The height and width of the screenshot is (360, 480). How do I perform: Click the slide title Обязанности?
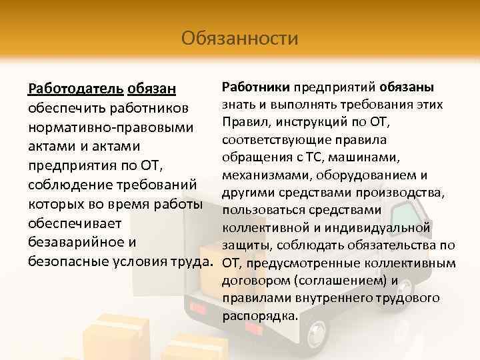[239, 37]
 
